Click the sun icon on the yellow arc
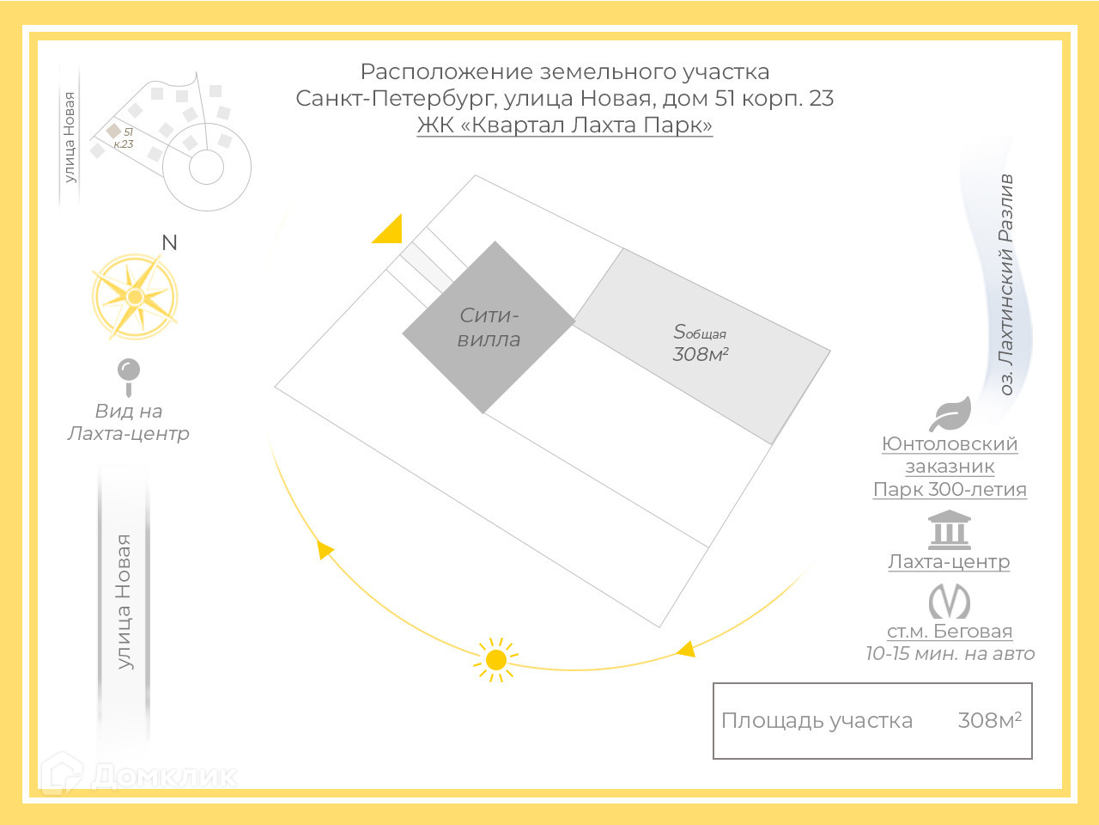(495, 660)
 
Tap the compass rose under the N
(135, 296)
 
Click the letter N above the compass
(169, 243)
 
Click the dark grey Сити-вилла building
(489, 327)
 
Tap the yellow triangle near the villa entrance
(389, 230)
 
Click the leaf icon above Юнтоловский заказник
(950, 414)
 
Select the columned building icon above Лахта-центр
(949, 530)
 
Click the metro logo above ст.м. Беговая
(949, 601)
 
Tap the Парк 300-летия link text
(950, 490)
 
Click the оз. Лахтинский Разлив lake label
(1006, 284)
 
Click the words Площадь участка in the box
(817, 721)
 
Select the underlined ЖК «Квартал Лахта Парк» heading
(565, 125)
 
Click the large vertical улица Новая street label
(124, 602)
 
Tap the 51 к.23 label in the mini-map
(124, 138)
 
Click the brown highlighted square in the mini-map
(113, 131)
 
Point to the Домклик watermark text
(163, 776)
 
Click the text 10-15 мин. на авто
(950, 654)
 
